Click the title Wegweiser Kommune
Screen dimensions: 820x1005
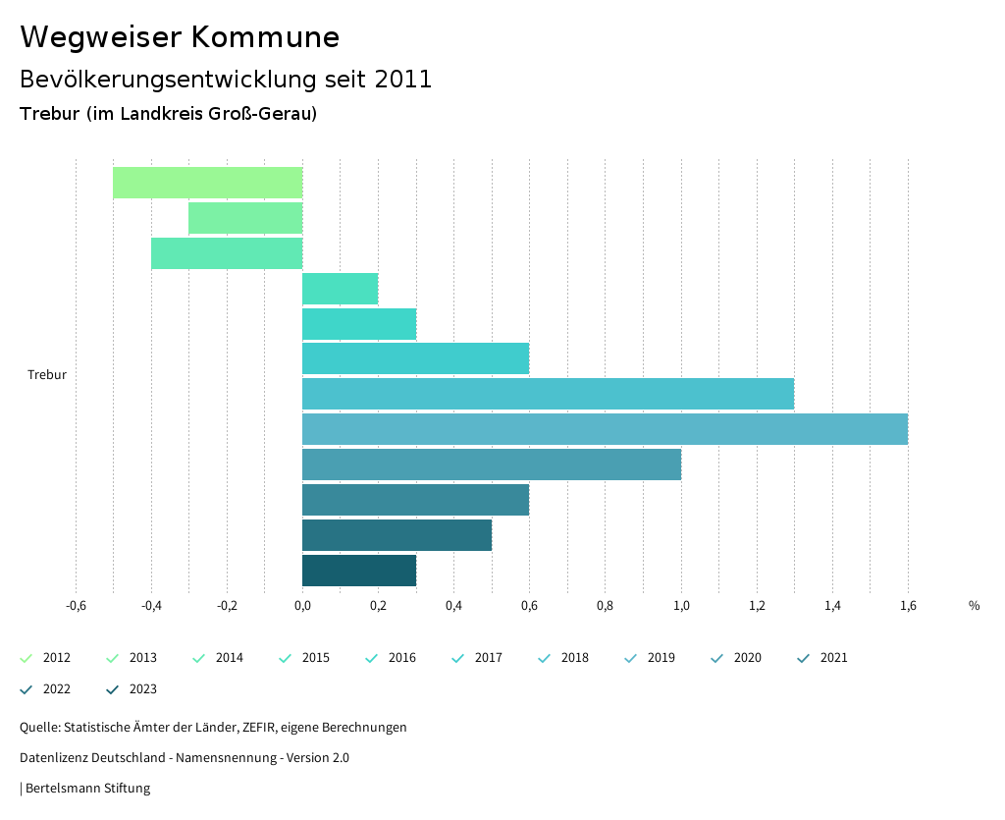click(x=180, y=37)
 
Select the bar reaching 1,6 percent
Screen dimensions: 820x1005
click(x=605, y=429)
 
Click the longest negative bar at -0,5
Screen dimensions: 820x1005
click(x=207, y=183)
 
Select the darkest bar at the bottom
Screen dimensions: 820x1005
click(x=359, y=571)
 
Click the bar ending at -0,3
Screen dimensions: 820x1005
click(x=245, y=218)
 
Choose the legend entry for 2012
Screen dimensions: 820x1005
click(x=46, y=658)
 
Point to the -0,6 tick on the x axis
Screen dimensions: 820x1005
click(x=76, y=606)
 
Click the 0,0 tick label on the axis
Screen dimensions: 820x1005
click(x=302, y=606)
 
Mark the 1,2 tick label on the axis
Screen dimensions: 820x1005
click(x=757, y=606)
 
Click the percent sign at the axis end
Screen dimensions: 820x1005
click(x=974, y=606)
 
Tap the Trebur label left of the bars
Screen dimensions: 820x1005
click(x=47, y=375)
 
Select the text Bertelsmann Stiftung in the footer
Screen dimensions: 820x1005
click(x=87, y=789)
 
